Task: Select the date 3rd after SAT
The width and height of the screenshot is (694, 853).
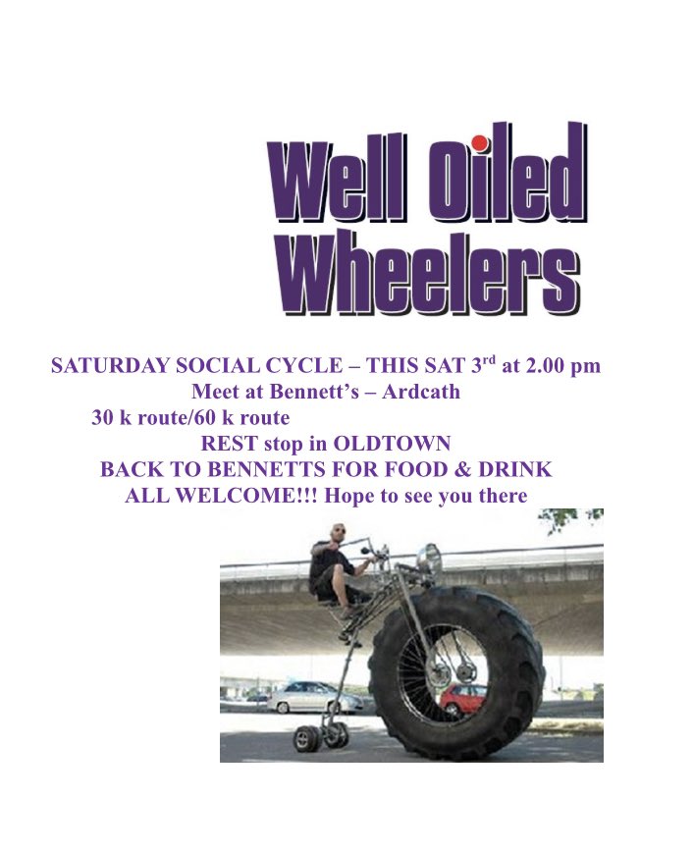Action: click(479, 366)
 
